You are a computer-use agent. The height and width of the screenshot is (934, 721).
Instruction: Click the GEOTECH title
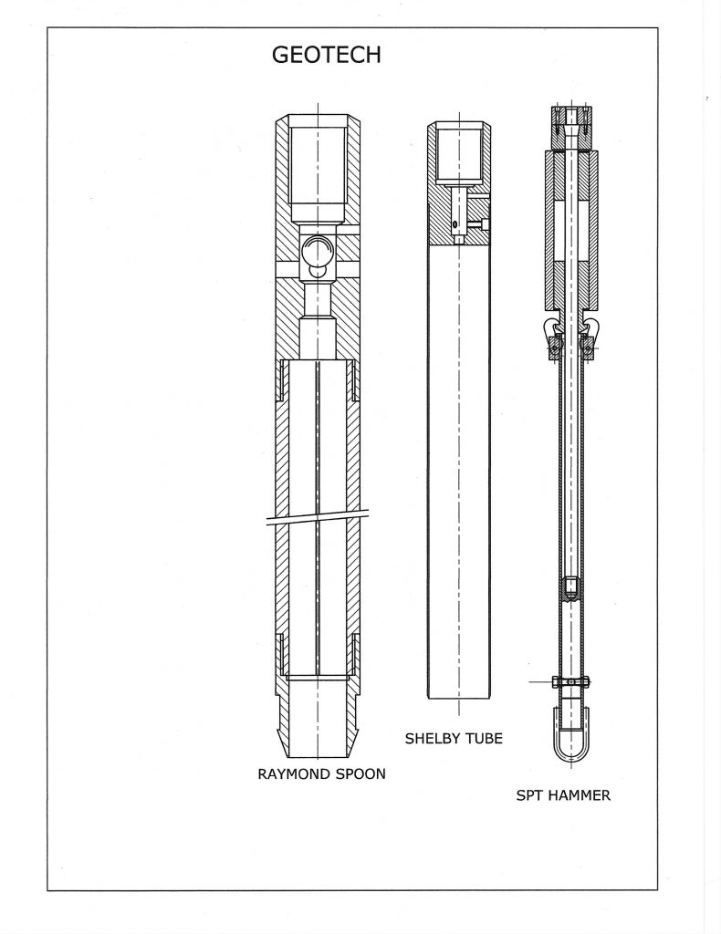pos(326,55)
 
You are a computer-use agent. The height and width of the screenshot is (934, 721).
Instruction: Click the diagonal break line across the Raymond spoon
pos(318,517)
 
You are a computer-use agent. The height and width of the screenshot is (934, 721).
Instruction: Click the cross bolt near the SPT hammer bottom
pos(570,680)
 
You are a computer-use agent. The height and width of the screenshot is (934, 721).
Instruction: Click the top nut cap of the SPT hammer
pos(571,128)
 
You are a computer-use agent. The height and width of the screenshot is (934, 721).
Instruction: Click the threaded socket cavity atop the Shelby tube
pos(459,155)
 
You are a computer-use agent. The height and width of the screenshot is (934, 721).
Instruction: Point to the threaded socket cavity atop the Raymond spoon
pos(318,176)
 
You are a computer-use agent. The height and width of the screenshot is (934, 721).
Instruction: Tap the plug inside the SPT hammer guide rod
pos(570,588)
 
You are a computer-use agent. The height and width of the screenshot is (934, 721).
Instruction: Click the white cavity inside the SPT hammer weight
pos(571,231)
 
